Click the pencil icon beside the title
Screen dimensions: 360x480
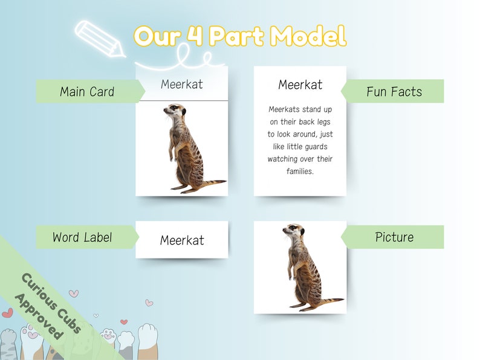[97, 37]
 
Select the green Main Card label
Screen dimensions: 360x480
[87, 92]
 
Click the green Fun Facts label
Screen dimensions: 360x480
[394, 92]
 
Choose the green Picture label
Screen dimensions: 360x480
[394, 237]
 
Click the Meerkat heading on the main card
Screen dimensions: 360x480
[182, 84]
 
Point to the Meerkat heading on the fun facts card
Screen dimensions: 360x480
[300, 85]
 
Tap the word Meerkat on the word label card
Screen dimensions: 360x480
[182, 240]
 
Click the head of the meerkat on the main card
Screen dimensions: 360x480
[175, 111]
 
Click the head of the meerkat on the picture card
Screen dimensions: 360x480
[294, 230]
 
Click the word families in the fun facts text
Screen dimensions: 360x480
[300, 172]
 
